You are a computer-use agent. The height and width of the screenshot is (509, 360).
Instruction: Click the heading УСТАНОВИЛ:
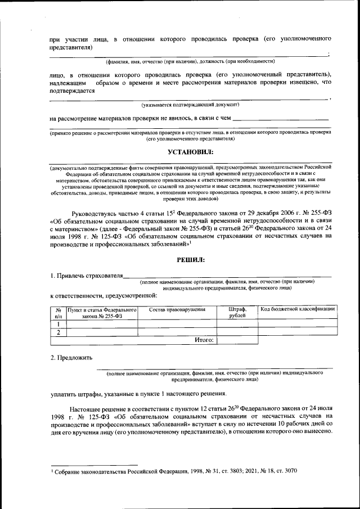coord(191,152)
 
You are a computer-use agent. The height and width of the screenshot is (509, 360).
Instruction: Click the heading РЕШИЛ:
coord(191,259)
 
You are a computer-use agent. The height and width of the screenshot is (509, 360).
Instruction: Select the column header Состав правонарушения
coord(177,309)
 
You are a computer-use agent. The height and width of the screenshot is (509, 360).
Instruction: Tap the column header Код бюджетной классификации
coord(298,309)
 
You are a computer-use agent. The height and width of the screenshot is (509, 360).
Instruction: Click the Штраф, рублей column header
coord(237,312)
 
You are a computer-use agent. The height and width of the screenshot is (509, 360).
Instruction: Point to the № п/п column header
coord(58,312)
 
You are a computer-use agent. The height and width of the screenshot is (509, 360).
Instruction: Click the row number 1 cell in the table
coord(58,324)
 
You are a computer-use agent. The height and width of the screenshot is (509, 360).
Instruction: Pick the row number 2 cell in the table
coord(58,332)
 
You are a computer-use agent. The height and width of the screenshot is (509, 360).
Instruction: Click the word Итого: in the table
coord(204,340)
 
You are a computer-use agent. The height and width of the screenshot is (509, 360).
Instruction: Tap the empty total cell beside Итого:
coord(237,340)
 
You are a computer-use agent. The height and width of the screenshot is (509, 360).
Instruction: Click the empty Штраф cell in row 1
coord(237,324)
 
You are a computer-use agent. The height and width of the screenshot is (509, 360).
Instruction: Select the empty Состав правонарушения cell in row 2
coord(177,332)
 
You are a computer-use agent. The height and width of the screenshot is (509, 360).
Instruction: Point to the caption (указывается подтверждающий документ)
coord(190,105)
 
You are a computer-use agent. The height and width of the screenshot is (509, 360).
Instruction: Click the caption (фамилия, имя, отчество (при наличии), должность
coord(190,61)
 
